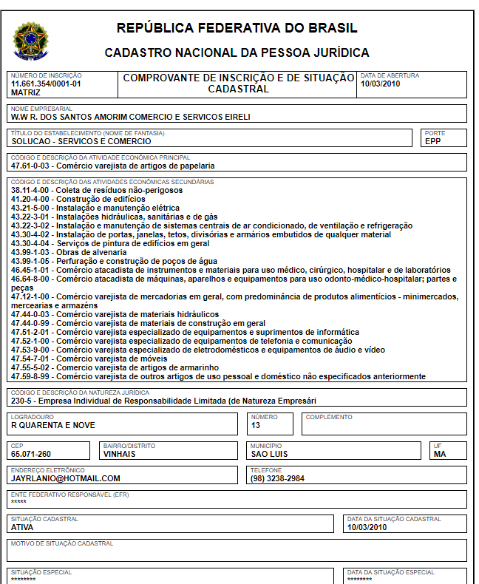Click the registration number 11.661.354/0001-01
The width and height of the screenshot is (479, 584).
pos(46,84)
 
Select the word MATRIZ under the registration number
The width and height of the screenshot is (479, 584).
pos(26,93)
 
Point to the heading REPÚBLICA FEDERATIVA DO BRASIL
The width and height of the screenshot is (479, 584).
pos(237,29)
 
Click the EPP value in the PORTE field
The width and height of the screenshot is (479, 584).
pos(432,141)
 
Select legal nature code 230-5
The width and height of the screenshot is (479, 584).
pos(23,401)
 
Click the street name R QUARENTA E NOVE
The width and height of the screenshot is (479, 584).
pos(53,425)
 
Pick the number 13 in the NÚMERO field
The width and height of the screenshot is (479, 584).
pos(256,425)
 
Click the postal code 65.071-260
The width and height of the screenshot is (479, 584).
pos(31,455)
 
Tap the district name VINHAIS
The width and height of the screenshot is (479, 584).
pos(120,455)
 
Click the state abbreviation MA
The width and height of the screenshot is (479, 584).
pos(440,455)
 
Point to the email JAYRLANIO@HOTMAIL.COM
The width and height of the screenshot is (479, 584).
pos(65,478)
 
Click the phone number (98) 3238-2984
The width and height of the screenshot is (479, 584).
pos(277,478)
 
